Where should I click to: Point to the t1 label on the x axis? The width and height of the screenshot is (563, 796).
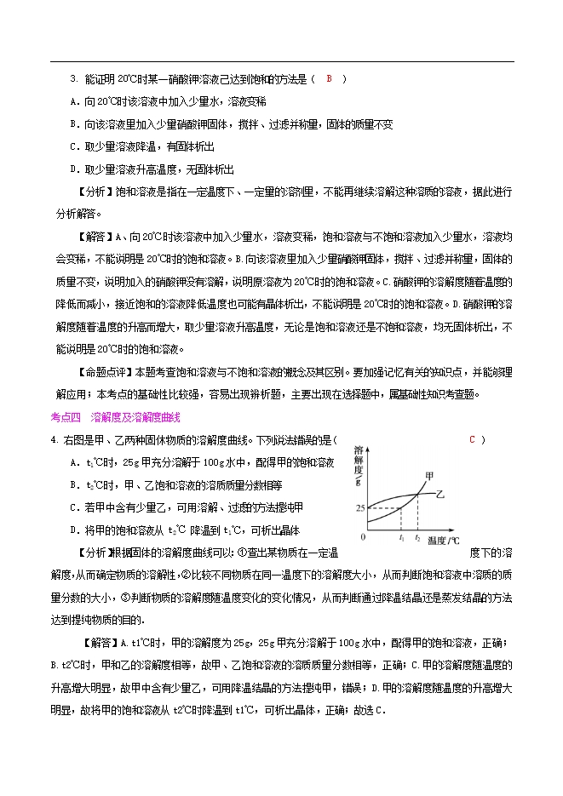pyautogui.click(x=401, y=539)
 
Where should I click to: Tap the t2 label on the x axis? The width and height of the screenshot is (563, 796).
pyautogui.click(x=417, y=539)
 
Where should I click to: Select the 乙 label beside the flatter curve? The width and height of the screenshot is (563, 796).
pyautogui.click(x=439, y=494)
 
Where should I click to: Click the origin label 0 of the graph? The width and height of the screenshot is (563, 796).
pyautogui.click(x=363, y=539)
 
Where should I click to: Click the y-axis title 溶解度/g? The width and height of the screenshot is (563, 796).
pyautogui.click(x=359, y=465)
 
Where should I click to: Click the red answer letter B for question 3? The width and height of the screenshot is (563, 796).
pyautogui.click(x=330, y=79)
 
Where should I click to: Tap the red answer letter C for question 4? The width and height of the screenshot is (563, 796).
pyautogui.click(x=472, y=439)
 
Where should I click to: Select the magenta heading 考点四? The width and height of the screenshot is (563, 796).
pyautogui.click(x=66, y=417)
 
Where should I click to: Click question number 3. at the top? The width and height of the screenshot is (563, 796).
pyautogui.click(x=73, y=79)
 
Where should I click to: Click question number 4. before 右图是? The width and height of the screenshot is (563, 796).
pyautogui.click(x=54, y=440)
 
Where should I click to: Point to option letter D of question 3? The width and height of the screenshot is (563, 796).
pyautogui.click(x=73, y=169)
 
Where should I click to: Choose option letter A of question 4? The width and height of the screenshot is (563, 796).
pyautogui.click(x=75, y=462)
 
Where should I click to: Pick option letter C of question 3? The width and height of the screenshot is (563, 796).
pyautogui.click(x=73, y=146)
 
